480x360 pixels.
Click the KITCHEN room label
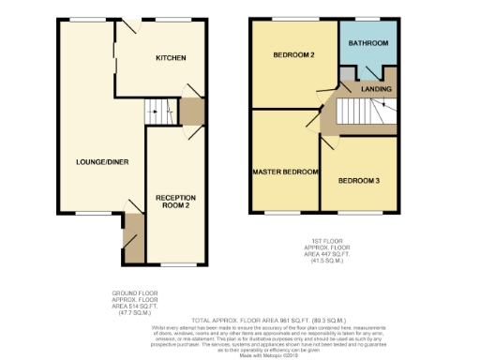point(170,58)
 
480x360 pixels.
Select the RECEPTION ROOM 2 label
point(175,202)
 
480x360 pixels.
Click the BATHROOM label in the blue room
point(368,44)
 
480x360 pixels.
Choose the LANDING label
point(376,90)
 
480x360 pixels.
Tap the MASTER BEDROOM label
point(286,172)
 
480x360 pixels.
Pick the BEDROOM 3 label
point(358,179)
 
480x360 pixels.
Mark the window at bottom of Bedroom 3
point(359,213)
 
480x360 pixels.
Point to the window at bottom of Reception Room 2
point(174,265)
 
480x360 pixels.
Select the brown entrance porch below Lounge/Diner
point(133,238)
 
